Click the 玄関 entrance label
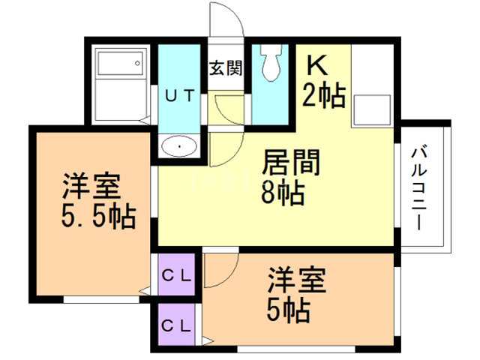point(225,68)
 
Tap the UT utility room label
point(180,95)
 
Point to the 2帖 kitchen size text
point(323,95)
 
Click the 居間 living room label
point(292,163)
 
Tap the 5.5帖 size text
point(97,217)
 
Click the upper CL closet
point(178,274)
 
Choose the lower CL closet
point(178,326)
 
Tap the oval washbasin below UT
point(179,145)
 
